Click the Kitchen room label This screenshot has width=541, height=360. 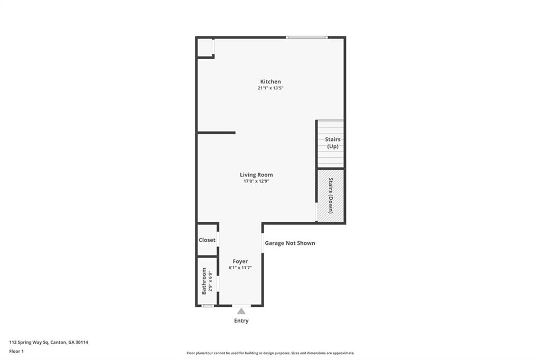[270, 82]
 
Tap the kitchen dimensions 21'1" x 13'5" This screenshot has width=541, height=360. [270, 89]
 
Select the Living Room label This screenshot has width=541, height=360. [256, 175]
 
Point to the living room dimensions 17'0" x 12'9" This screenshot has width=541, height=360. [256, 182]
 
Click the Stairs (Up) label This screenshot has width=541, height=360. [333, 143]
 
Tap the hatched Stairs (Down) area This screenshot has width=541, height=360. [331, 195]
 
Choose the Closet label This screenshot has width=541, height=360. [207, 240]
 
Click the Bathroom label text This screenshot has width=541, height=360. [204, 281]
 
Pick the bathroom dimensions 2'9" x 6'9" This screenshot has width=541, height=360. [210, 281]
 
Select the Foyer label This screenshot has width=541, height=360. [240, 261]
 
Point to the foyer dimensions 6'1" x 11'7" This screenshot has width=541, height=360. [240, 268]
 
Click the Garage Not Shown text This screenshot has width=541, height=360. [290, 243]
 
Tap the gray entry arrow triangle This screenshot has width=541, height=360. [241, 311]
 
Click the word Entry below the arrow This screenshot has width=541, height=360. [241, 321]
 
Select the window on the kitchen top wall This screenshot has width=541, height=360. [307, 37]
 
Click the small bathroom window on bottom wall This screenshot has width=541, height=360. [208, 306]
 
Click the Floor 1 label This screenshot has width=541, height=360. [17, 351]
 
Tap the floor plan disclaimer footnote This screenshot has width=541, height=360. [270, 353]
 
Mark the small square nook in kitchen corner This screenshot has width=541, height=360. [204, 47]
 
